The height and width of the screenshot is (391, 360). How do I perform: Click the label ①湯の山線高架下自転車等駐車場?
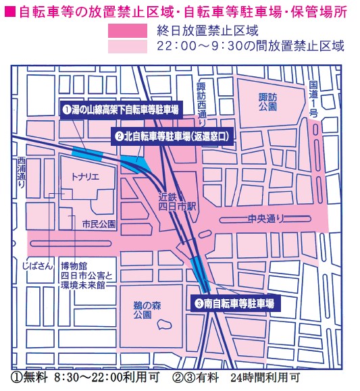[121, 109]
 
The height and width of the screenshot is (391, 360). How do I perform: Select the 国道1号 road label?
[312, 99]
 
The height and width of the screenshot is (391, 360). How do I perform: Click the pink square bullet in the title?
[9, 11]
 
